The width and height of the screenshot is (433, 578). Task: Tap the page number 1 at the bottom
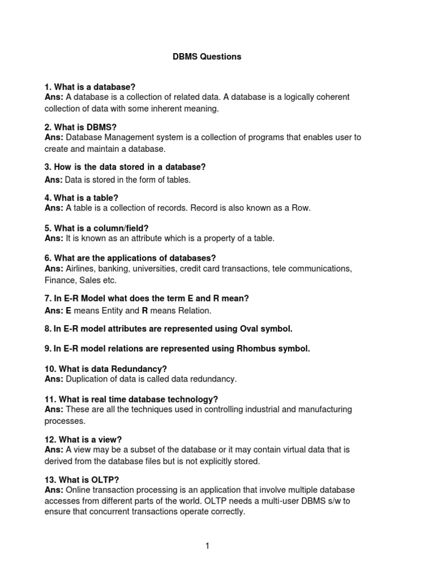tap(207, 546)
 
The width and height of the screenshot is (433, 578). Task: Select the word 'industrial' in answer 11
tap(249, 409)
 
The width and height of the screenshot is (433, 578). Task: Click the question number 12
tap(49, 439)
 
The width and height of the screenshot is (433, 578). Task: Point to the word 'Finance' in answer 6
tap(60, 280)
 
